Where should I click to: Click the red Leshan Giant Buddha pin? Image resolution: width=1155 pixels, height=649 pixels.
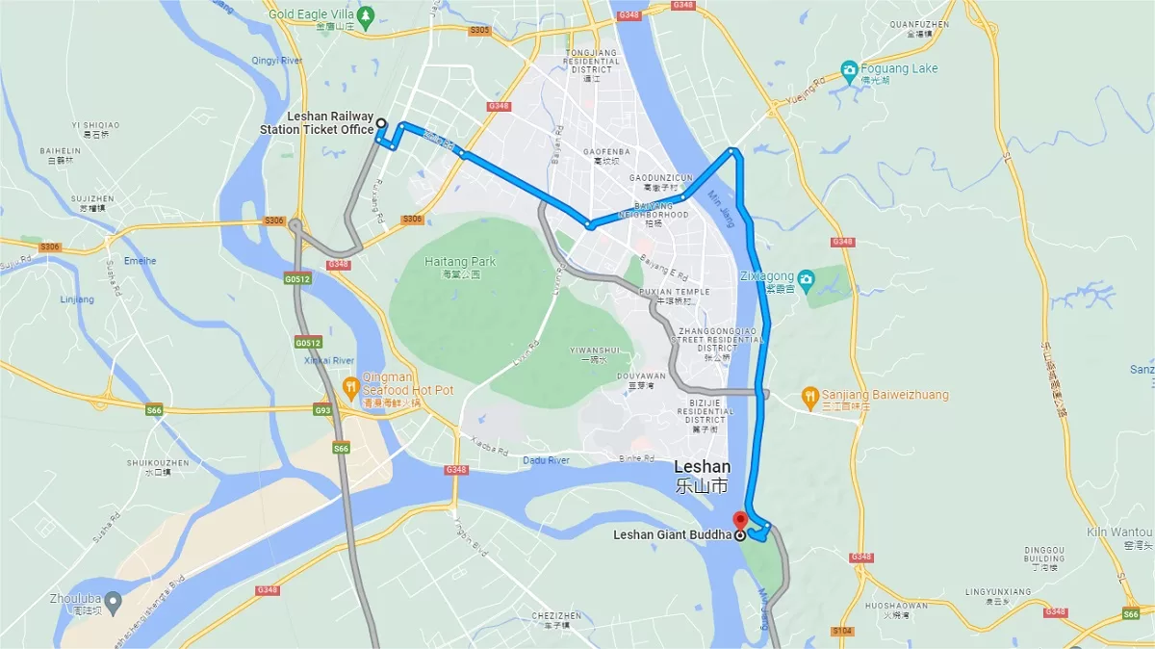point(740,520)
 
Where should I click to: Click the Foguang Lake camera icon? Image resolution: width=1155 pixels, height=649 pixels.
point(849,69)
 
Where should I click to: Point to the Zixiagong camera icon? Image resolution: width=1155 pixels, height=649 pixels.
point(807,279)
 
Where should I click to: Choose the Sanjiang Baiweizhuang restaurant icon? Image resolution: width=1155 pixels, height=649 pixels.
point(811,395)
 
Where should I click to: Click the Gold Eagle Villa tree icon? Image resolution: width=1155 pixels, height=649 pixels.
point(365,15)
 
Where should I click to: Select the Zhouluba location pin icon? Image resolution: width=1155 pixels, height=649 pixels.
point(113,603)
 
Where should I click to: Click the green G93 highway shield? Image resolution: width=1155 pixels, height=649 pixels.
point(322,411)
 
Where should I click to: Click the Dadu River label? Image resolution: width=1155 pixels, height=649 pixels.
point(546,460)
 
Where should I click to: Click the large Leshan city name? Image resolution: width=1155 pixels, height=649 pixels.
point(702,467)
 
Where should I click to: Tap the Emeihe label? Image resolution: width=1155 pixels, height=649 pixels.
point(141,260)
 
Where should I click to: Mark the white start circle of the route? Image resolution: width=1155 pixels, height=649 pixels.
point(381,122)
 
